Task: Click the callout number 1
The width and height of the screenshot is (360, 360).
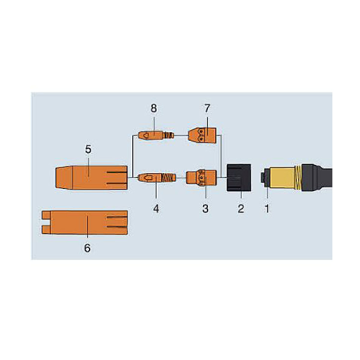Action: (268, 210)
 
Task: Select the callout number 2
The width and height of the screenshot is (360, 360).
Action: (240, 210)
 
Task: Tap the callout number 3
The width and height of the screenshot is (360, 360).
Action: (205, 209)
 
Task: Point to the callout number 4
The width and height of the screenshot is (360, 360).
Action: (156, 209)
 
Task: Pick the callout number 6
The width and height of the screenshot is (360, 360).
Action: (88, 248)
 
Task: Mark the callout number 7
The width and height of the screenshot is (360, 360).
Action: (206, 108)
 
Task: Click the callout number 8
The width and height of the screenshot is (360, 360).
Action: (154, 108)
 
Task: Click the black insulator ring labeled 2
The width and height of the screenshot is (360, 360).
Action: (240, 178)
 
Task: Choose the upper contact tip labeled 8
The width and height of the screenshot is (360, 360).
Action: (155, 136)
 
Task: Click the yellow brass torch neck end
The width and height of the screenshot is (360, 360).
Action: (284, 179)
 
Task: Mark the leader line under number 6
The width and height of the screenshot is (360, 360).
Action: (88, 233)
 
